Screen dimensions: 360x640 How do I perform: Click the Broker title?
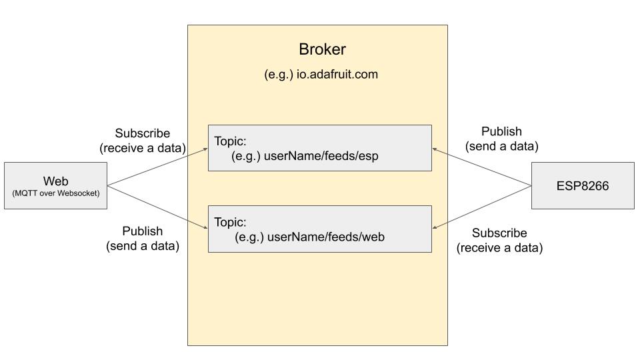pyautogui.click(x=321, y=49)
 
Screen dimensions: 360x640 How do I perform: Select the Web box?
pyautogui.click(x=55, y=185)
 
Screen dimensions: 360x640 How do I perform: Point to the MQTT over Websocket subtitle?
pyautogui.click(x=55, y=193)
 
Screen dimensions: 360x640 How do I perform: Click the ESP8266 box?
pyautogui.click(x=582, y=185)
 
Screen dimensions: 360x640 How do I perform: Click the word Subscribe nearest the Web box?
pyautogui.click(x=142, y=133)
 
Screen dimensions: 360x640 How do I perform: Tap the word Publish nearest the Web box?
pyautogui.click(x=142, y=231)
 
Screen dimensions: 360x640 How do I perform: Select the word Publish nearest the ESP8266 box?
pyautogui.click(x=501, y=131)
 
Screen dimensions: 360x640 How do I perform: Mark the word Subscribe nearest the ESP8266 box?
pyautogui.click(x=499, y=233)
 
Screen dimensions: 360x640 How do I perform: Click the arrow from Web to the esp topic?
pyautogui.click(x=157, y=167)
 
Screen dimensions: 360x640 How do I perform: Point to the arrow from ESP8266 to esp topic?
pyautogui.click(x=481, y=167)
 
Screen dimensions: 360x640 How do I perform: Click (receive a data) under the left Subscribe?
pyautogui.click(x=142, y=148)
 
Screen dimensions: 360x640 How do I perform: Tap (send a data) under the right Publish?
pyautogui.click(x=501, y=146)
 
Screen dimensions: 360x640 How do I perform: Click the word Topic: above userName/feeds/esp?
pyautogui.click(x=230, y=141)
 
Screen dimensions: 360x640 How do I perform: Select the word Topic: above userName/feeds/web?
pyautogui.click(x=230, y=222)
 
